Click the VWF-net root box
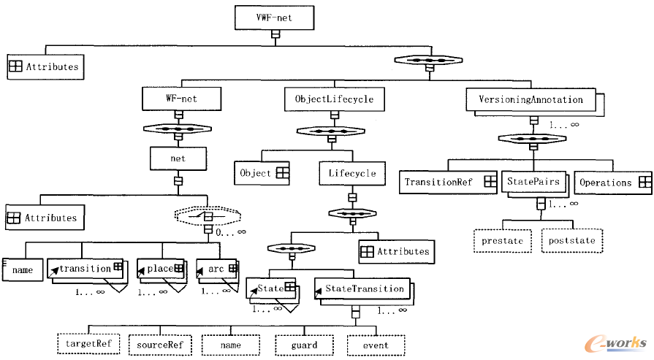[275, 17]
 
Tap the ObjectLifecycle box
[334, 99]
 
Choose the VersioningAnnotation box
[531, 99]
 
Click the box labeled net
[178, 158]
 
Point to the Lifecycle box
[351, 173]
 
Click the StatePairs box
[533, 181]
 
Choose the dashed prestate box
[505, 240]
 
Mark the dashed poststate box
[573, 240]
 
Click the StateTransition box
[360, 289]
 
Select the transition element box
[85, 269]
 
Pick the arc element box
[217, 269]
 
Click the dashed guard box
[304, 345]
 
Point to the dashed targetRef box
[88, 343]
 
